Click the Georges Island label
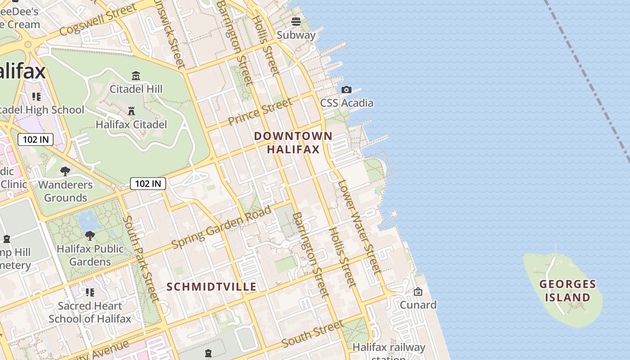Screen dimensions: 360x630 (x=567, y=291)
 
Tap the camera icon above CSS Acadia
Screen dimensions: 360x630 (x=346, y=90)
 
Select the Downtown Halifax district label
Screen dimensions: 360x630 (x=293, y=142)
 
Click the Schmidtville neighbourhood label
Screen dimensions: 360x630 (x=211, y=287)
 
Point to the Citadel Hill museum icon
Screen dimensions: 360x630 (x=135, y=76)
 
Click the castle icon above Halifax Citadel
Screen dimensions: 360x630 (x=131, y=111)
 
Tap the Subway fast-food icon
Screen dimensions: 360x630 (x=296, y=21)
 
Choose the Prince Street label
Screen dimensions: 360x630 (x=260, y=112)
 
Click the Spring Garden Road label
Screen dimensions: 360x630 (x=222, y=227)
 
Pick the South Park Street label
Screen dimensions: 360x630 (x=141, y=258)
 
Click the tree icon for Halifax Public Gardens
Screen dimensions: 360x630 (x=90, y=235)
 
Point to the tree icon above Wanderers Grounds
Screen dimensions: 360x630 (x=65, y=171)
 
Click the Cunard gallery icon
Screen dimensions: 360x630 (x=418, y=292)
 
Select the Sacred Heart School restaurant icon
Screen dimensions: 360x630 (x=90, y=292)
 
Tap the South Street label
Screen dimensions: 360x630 (x=313, y=333)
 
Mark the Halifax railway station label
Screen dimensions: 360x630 (x=389, y=348)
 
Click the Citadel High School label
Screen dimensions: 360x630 (x=42, y=110)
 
